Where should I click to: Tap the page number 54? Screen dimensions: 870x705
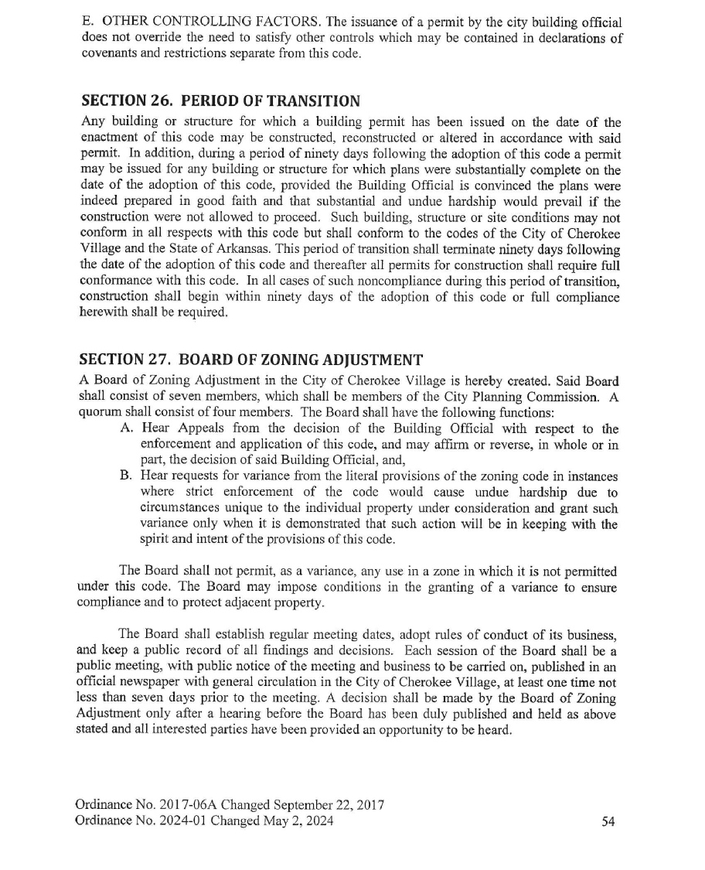pyautogui.click(x=608, y=821)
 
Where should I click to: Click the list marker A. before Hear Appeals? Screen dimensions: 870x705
pyautogui.click(x=128, y=429)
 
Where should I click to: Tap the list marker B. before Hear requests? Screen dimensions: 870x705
pyautogui.click(x=128, y=476)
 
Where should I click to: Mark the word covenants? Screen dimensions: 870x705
pyautogui.click(x=106, y=56)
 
